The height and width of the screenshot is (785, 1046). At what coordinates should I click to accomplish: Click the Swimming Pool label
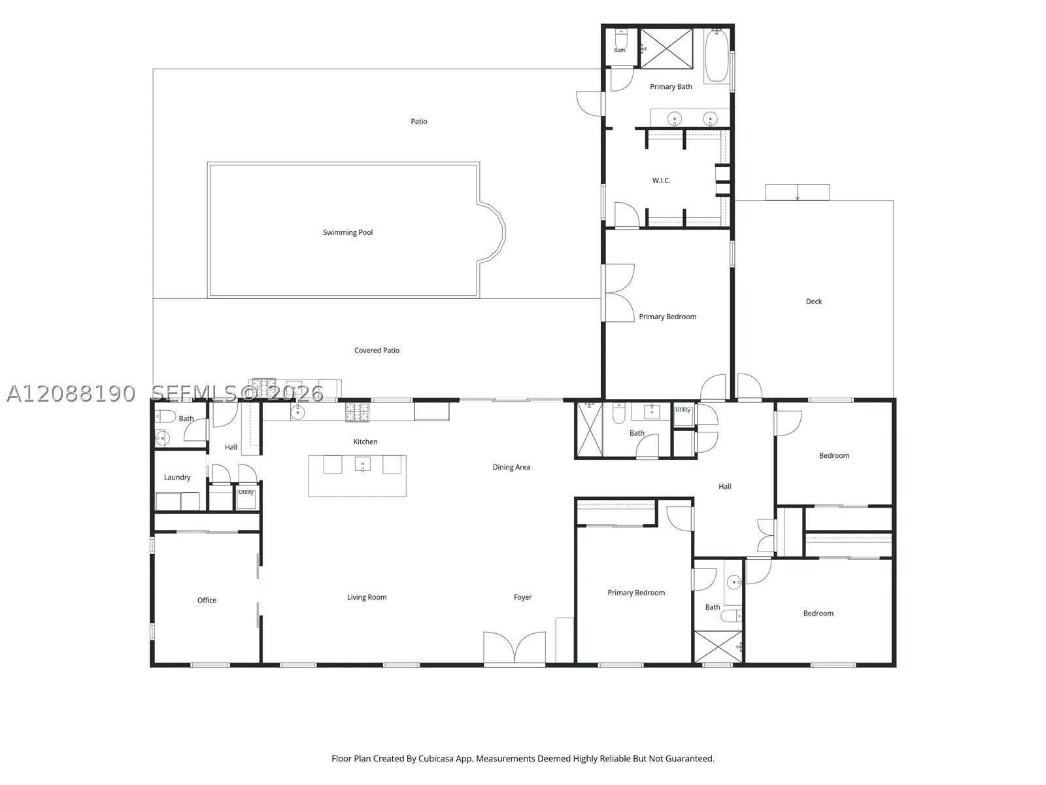pyautogui.click(x=347, y=233)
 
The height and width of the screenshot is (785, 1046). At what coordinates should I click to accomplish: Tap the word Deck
pyautogui.click(x=813, y=301)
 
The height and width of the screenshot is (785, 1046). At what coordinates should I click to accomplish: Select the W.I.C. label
pyautogui.click(x=661, y=181)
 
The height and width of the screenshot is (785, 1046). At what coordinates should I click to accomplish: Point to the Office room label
pyautogui.click(x=207, y=600)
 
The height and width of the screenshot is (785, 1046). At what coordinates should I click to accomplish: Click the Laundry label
pyautogui.click(x=177, y=478)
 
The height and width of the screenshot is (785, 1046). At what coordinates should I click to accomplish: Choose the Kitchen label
pyautogui.click(x=365, y=442)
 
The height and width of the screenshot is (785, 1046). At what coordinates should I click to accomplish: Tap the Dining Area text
pyautogui.click(x=511, y=467)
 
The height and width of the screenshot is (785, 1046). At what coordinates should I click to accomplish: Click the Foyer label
pyautogui.click(x=522, y=597)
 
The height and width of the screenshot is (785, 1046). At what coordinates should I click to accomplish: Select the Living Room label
pyautogui.click(x=367, y=597)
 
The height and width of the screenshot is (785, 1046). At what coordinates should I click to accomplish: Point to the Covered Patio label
pyautogui.click(x=377, y=351)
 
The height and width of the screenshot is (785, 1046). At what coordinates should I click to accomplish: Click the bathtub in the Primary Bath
pyautogui.click(x=717, y=56)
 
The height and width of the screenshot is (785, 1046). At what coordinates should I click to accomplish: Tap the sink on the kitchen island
pyautogui.click(x=363, y=464)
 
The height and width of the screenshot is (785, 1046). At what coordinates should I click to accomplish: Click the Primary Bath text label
pyautogui.click(x=671, y=87)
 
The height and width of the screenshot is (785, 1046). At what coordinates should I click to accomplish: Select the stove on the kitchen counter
pyautogui.click(x=358, y=412)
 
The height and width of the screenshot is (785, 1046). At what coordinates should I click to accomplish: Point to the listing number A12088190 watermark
pyautogui.click(x=71, y=394)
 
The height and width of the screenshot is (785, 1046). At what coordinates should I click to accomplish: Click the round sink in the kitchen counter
pyautogui.click(x=297, y=413)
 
